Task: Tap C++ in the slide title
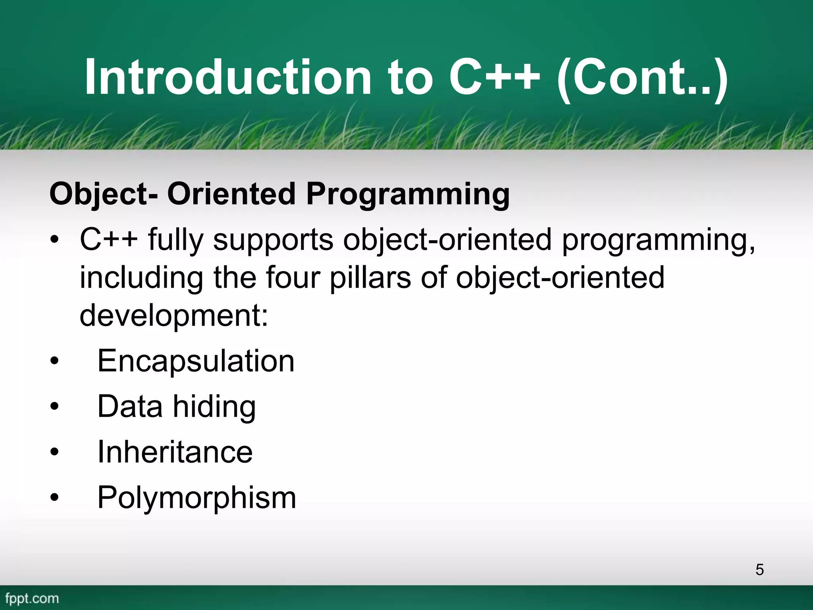[x=494, y=77]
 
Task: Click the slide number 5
[x=759, y=569]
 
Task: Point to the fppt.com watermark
[x=32, y=598]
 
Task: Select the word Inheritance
[x=175, y=452]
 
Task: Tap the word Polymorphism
[x=197, y=498]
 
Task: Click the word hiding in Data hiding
[x=214, y=407]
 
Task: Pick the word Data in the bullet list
[x=130, y=406]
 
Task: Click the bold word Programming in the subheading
[x=408, y=195]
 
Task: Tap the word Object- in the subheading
[x=104, y=195]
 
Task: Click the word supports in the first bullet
[x=273, y=241]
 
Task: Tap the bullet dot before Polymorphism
[x=54, y=497]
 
